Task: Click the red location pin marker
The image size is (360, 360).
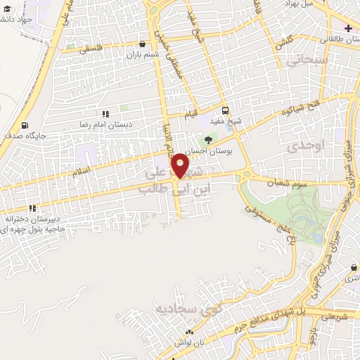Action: pos(181,166)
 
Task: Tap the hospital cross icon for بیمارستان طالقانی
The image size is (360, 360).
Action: pos(348,28)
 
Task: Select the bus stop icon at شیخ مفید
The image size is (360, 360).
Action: pos(225,110)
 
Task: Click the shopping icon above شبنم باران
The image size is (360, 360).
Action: pos(143,44)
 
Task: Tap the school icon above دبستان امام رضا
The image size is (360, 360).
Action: pos(105,114)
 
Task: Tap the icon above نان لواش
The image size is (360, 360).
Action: pos(188,332)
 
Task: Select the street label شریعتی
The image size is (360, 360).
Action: pos(335,316)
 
